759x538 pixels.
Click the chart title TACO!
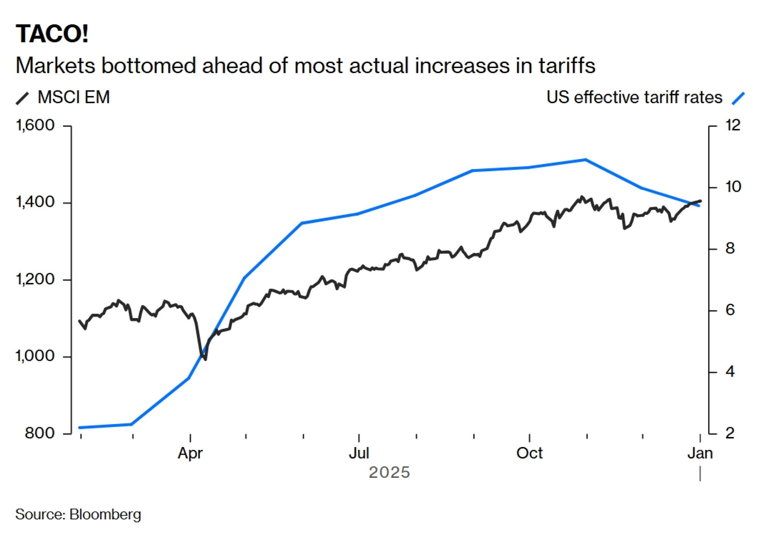pos(52,34)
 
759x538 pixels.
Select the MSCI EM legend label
pos(74,97)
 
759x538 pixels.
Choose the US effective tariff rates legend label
pos(634,97)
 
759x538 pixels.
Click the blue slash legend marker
pos(738,98)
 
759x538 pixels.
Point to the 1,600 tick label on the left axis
pos(35,125)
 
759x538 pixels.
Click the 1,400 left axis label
pos(35,202)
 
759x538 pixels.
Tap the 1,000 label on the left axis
pos(35,356)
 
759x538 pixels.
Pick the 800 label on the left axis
pos(40,433)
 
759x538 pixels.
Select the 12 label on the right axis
pos(733,125)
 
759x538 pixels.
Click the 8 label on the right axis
pos(730,248)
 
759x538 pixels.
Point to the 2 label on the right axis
pos(730,433)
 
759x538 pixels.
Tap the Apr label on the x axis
pos(190,453)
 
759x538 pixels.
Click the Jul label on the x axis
pos(359,453)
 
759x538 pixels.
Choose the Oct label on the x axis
pos(529,453)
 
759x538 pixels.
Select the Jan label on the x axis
pos(700,453)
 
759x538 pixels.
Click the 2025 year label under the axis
pos(389,473)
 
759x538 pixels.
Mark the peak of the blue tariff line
pos(586,159)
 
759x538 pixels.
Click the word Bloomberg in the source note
pos(105,514)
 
